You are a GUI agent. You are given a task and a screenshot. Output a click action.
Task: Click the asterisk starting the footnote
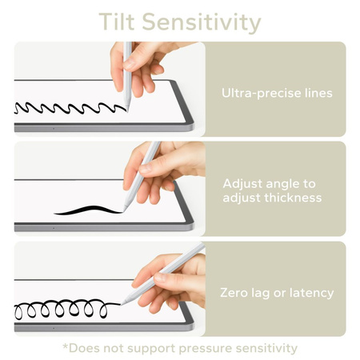tap(65, 346)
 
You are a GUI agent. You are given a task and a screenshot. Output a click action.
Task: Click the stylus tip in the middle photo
tap(126, 209)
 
